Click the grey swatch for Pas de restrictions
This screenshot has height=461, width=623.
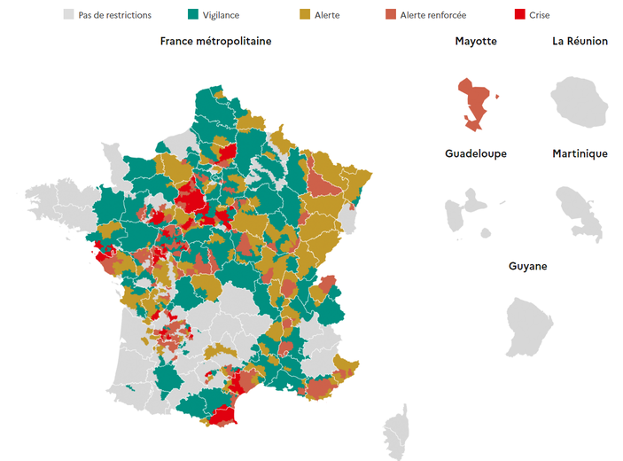68,15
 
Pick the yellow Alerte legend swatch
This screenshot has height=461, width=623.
306,15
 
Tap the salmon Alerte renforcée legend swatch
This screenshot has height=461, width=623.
392,15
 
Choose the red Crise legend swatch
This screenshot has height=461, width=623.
520,15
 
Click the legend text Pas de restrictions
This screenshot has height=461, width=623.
115,15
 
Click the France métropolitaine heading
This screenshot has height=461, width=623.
215,42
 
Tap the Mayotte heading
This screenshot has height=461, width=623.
476,42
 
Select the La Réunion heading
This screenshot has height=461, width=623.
580,42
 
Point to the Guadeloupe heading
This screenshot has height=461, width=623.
476,153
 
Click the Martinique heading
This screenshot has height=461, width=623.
580,153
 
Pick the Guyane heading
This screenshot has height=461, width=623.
527,266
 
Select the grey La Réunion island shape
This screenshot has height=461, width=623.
580,99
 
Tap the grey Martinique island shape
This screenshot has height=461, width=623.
578,211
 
